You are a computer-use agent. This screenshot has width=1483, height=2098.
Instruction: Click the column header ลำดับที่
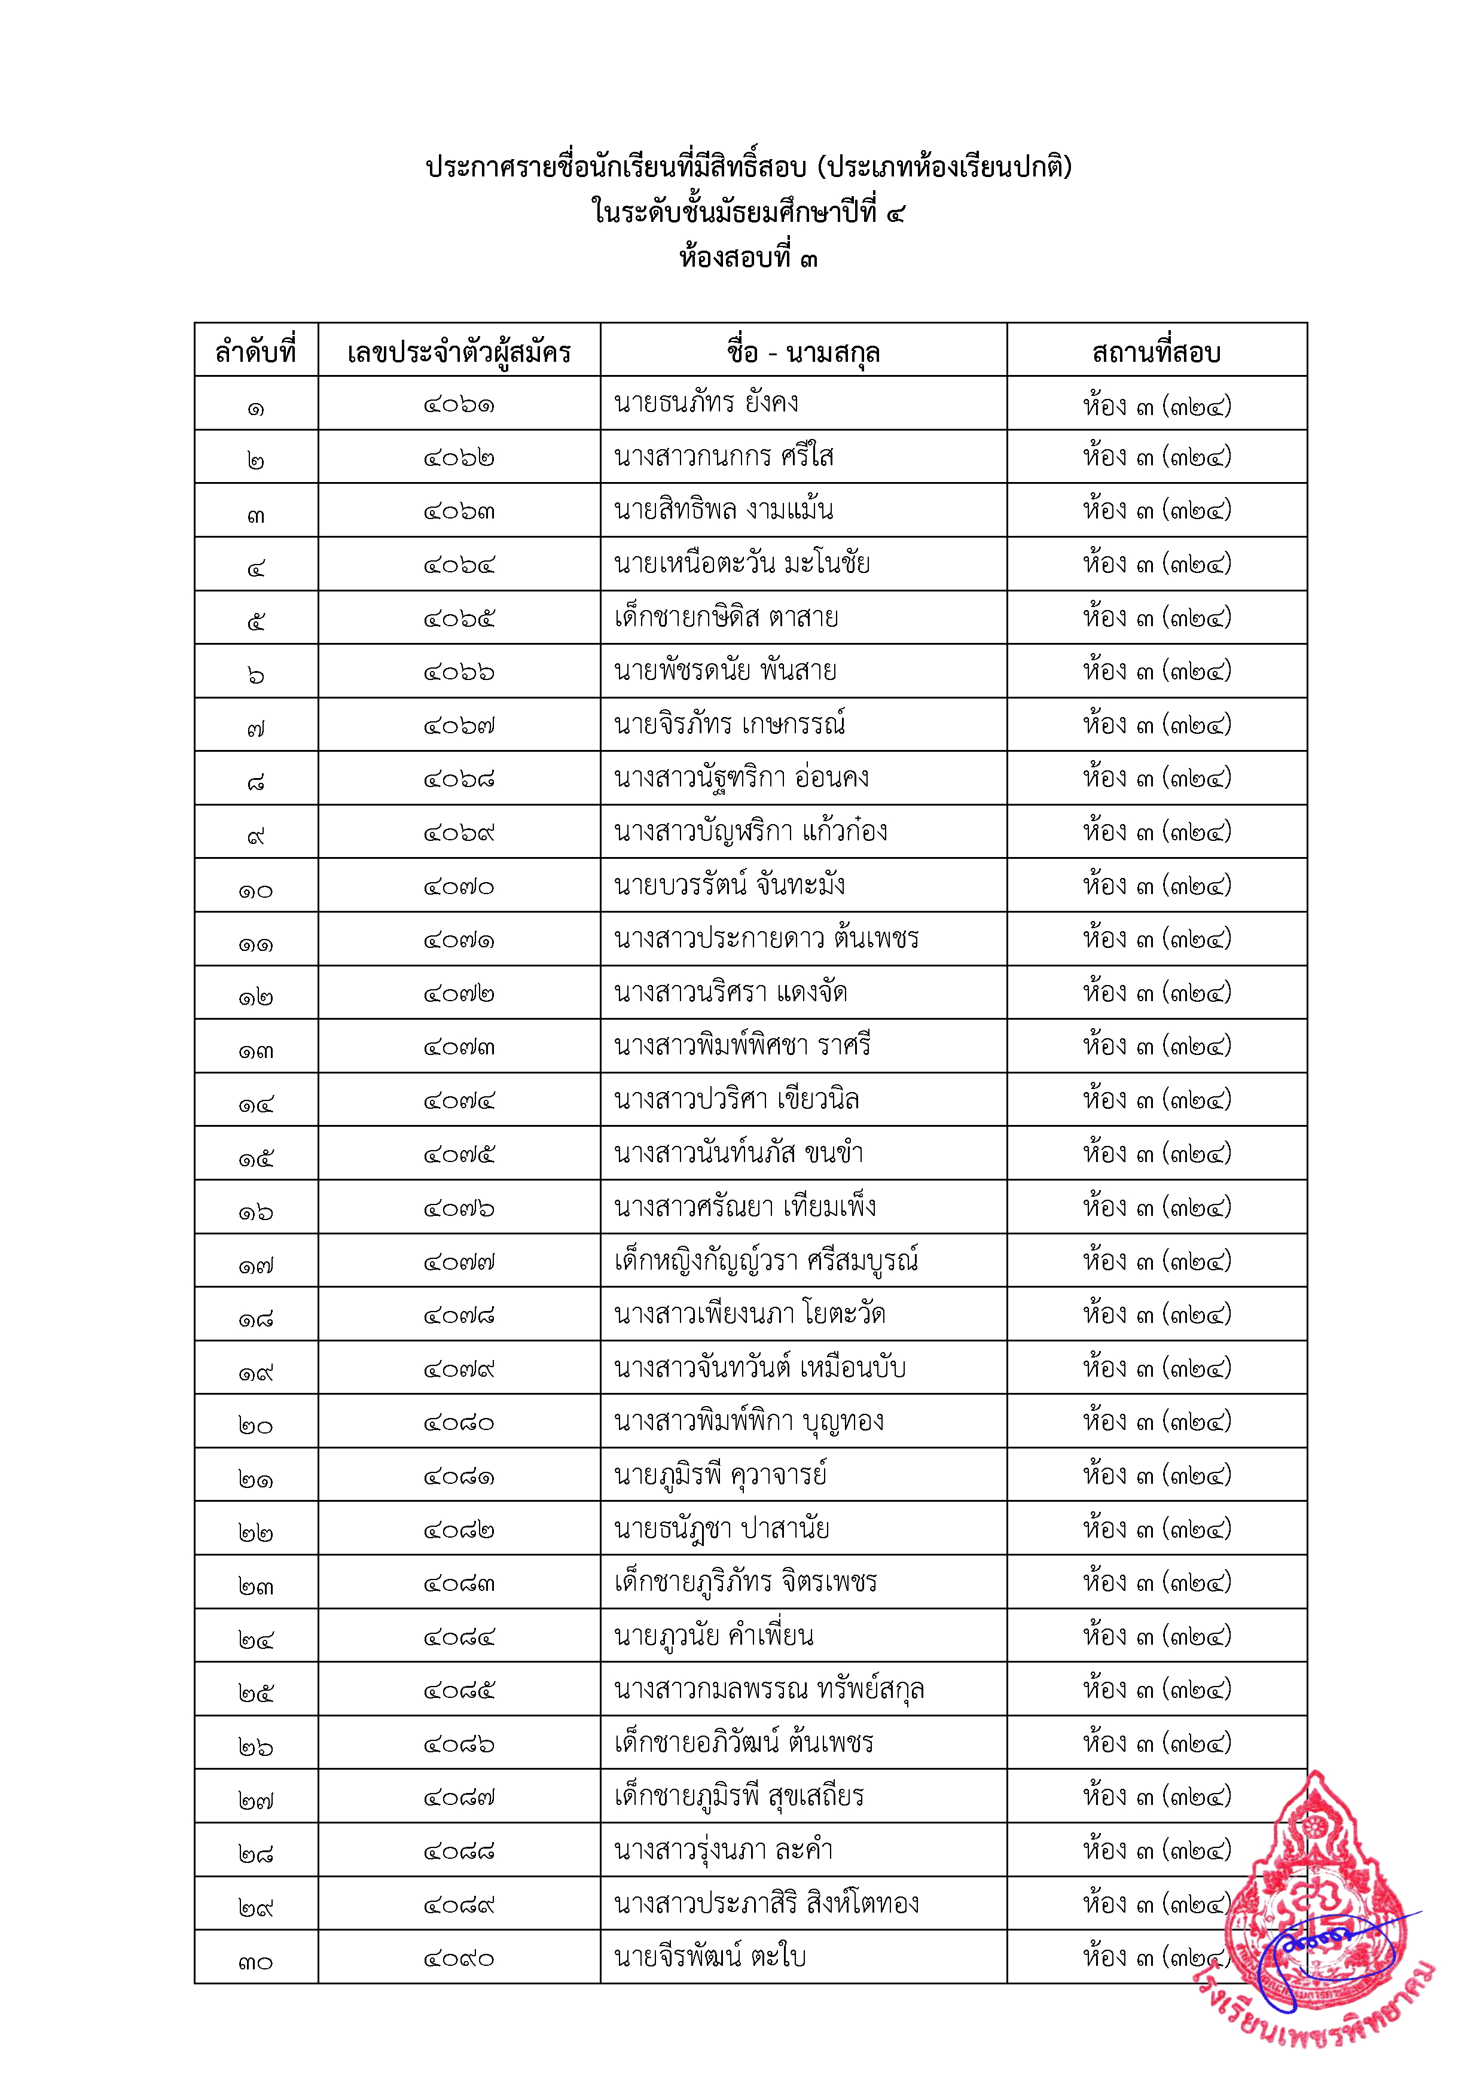(x=256, y=351)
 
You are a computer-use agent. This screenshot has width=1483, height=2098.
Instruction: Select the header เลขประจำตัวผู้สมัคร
(x=459, y=352)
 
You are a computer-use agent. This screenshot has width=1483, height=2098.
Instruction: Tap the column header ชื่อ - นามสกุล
(x=803, y=352)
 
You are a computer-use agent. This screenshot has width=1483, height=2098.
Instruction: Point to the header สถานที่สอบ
(x=1156, y=352)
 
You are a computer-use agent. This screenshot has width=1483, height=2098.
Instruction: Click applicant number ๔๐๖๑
(x=459, y=405)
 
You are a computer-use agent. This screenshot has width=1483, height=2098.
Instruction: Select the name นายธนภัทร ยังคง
(x=706, y=403)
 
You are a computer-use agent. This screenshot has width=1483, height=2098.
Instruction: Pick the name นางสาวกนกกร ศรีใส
(x=724, y=456)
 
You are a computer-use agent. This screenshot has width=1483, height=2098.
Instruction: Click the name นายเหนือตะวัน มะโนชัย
(x=742, y=563)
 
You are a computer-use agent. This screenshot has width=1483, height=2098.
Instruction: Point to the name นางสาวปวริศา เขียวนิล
(x=737, y=1099)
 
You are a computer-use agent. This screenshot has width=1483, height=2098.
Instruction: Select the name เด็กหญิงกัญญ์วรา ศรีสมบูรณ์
(x=765, y=1260)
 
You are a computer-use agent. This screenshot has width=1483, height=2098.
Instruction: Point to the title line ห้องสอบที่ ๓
(x=748, y=258)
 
